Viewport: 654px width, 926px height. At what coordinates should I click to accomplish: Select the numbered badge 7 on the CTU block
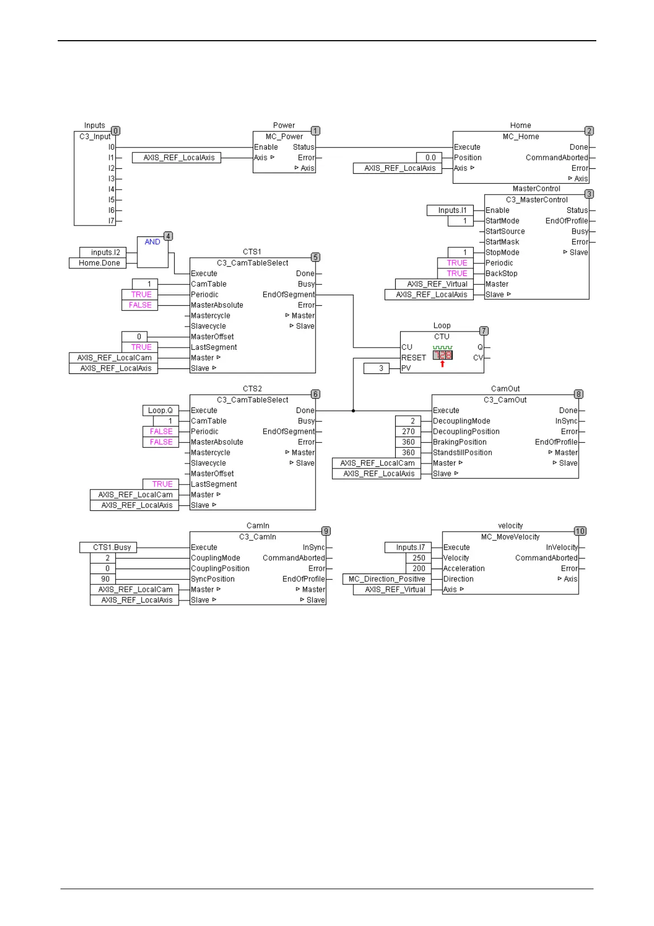pos(484,330)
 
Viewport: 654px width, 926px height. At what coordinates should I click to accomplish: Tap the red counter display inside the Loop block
pos(442,355)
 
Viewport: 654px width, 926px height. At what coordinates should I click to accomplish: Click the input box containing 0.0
pos(430,158)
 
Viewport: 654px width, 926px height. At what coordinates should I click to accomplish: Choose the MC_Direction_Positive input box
pos(387,579)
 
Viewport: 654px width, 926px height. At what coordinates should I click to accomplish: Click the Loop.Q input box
pos(160,410)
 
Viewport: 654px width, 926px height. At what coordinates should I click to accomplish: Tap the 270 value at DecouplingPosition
pos(408,432)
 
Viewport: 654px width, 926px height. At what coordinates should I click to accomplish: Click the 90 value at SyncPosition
pos(105,579)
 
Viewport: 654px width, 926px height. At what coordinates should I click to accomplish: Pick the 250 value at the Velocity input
pos(419,558)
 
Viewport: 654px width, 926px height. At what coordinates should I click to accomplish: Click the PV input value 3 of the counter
pos(381,368)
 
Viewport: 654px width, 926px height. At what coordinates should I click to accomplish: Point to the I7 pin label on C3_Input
pos(112,221)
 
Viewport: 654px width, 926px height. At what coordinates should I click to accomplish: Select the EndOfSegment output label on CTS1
pos(289,295)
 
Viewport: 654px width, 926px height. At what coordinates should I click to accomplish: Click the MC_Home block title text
pos(520,137)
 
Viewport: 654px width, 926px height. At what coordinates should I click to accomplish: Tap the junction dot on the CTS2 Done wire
pos(353,411)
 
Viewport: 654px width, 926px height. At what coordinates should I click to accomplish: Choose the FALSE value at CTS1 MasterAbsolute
pos(140,305)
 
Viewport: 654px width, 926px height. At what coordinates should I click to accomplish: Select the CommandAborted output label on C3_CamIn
pos(293,558)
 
